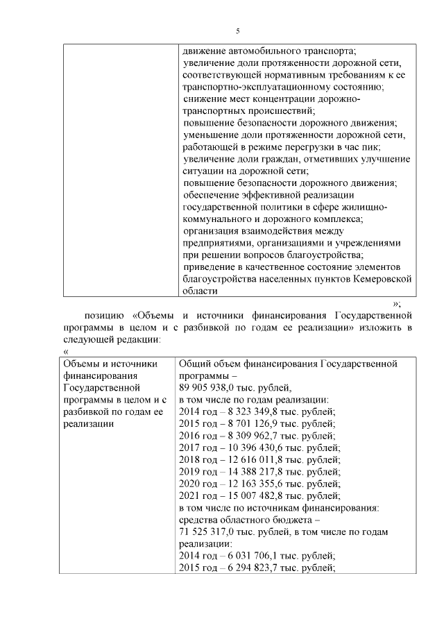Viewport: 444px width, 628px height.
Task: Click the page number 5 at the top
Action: pos(238,31)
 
